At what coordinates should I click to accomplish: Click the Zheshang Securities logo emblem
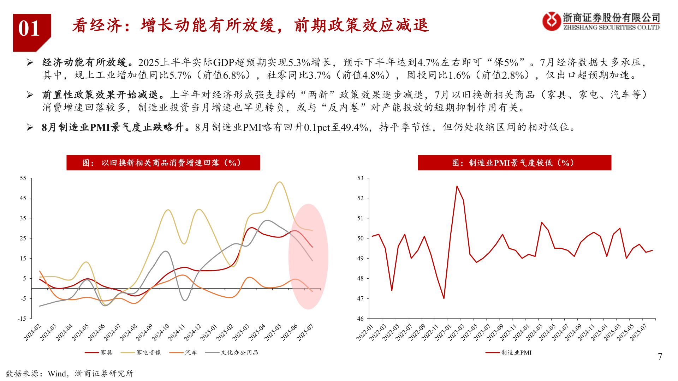point(551,21)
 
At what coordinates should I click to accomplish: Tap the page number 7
point(660,357)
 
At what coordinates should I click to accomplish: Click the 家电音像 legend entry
point(141,352)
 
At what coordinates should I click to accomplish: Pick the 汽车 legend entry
point(183,352)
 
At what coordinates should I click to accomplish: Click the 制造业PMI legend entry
point(509,352)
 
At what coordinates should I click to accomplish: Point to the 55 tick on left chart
point(23,178)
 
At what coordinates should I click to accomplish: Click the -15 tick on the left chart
point(22,319)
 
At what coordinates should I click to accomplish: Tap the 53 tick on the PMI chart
point(360,178)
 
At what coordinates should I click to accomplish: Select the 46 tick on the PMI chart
point(360,319)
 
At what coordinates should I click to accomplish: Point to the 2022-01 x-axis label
point(365,333)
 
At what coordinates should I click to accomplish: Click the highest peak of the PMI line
point(457,186)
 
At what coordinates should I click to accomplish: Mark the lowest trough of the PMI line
point(444,298)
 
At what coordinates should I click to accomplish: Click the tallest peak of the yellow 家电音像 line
point(280,182)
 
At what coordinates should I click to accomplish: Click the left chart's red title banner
point(163,163)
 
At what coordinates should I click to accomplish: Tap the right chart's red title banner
point(514,163)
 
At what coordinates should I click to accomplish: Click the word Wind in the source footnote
point(57,374)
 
